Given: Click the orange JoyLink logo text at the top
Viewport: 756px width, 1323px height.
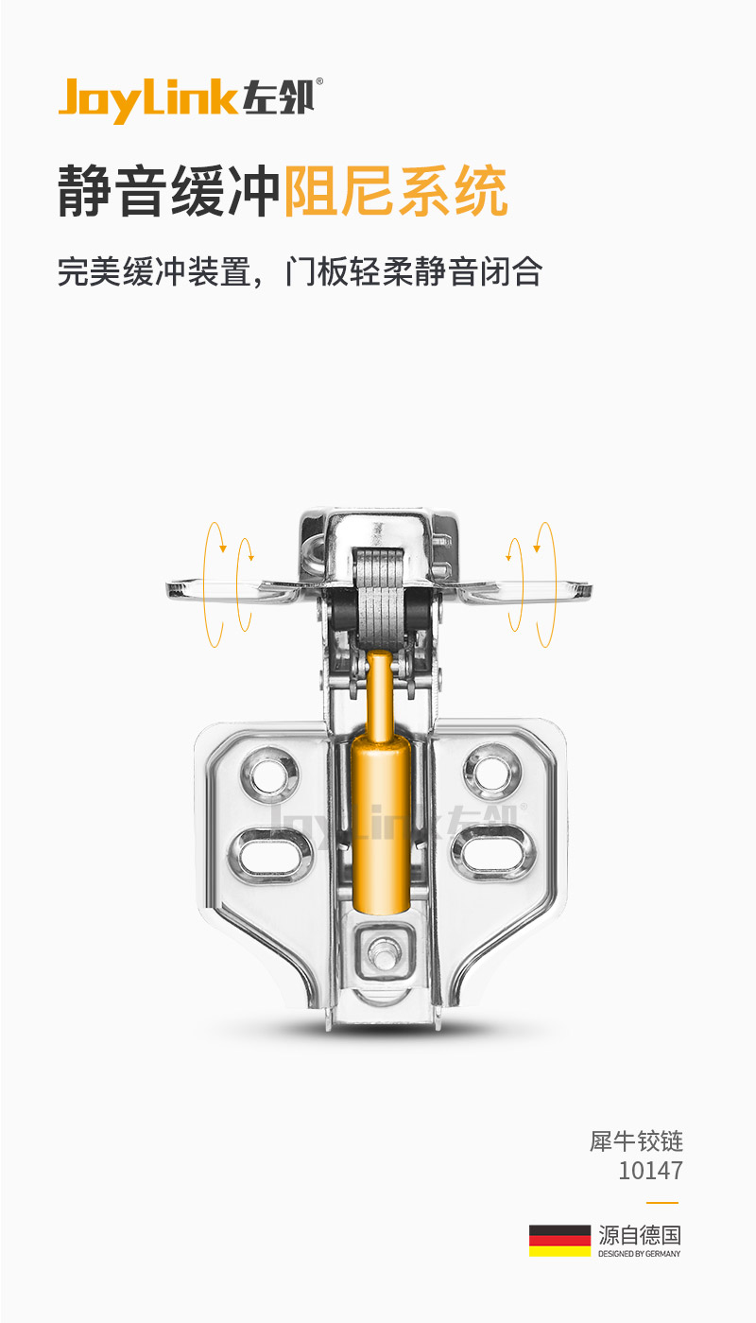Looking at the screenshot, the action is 147,99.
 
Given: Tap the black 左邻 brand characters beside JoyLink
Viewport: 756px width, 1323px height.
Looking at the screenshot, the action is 278,96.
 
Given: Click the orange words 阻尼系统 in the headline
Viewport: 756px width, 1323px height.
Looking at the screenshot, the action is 395,191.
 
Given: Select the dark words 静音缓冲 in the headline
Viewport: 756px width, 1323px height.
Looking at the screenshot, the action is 169,191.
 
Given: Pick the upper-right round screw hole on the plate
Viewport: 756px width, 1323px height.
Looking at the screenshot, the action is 492,772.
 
